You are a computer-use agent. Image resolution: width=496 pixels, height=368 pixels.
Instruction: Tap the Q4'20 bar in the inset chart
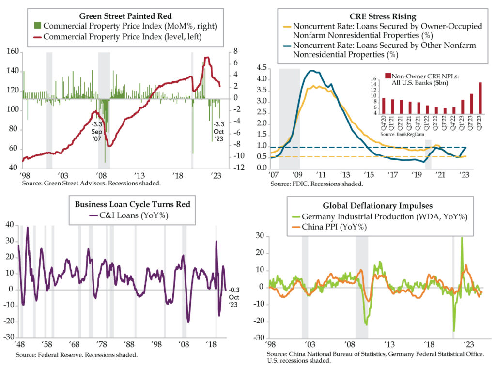tap(384, 106)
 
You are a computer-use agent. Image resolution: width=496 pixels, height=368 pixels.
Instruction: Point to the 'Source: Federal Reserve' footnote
tap(76, 354)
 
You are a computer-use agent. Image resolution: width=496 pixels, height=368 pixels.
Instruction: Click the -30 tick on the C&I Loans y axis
tap(9, 337)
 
